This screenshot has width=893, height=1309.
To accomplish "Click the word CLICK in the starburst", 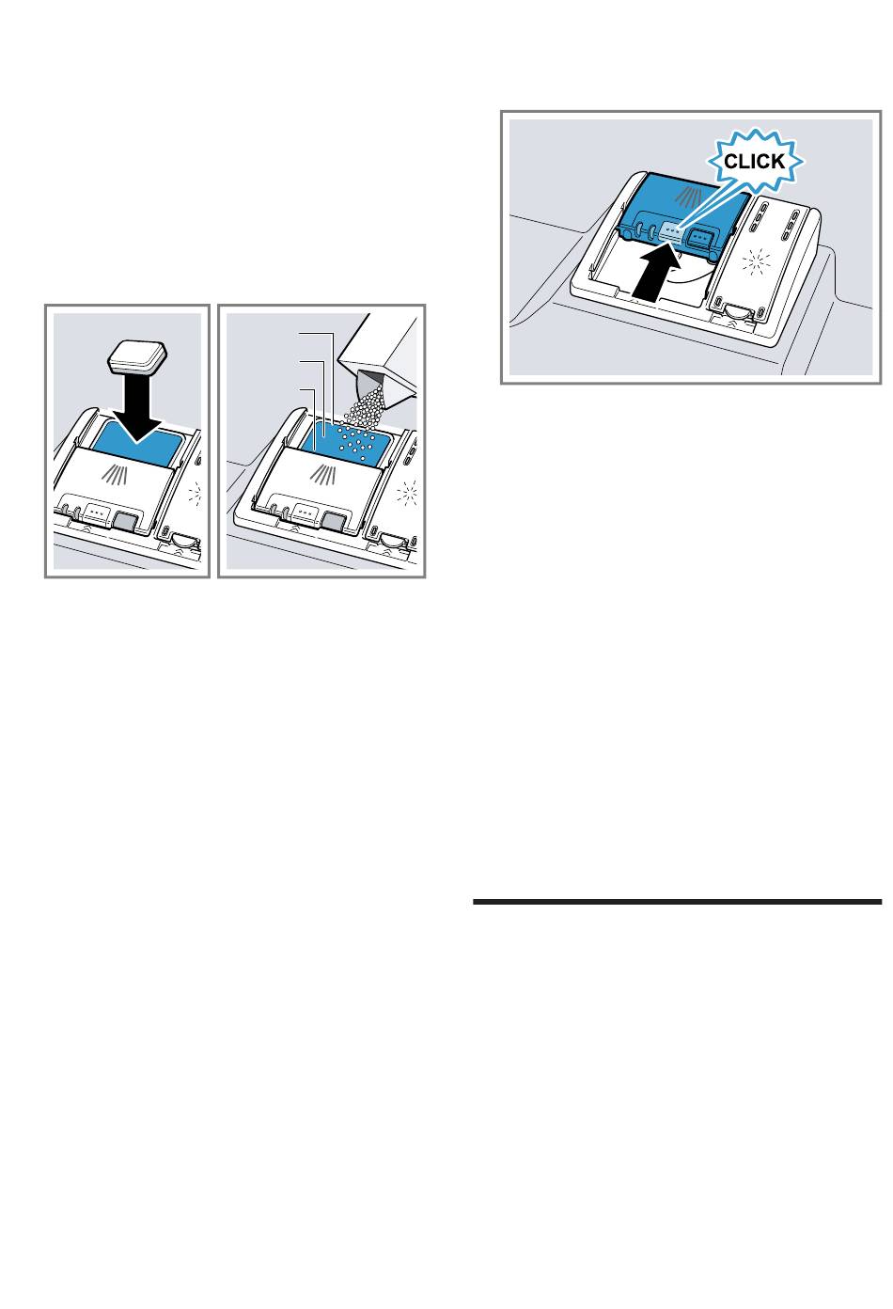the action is pos(754,162).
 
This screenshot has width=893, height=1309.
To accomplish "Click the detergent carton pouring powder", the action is pos(381,353).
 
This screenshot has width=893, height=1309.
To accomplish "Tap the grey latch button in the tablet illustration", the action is pos(125,520).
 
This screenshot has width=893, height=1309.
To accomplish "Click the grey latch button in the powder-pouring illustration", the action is pos(333,520).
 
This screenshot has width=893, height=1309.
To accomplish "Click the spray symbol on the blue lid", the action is pos(688,197).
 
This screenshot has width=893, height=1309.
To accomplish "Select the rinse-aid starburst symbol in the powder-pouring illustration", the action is pos(407,493).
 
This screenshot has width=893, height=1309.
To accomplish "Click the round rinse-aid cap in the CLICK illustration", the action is pos(737,310).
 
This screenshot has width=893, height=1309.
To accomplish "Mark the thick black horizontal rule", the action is pos(677,902).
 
